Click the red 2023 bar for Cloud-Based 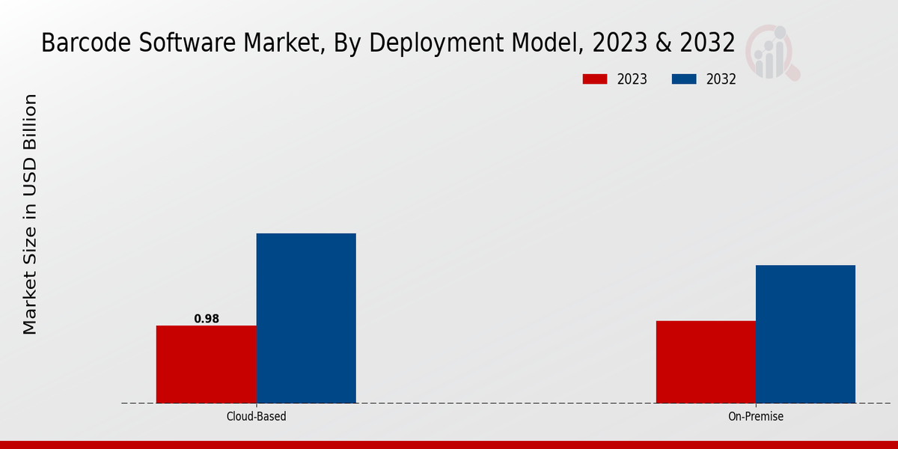206,364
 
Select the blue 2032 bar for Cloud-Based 306,318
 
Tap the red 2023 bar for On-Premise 706,362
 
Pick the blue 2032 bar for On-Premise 805,334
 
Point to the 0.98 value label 207,319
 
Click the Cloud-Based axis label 256,417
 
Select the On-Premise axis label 756,417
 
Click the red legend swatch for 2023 595,79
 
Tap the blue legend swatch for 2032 684,79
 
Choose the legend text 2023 632,79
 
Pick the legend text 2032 721,79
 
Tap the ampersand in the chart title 661,43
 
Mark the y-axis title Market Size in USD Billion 30,214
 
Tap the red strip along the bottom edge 449,445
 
